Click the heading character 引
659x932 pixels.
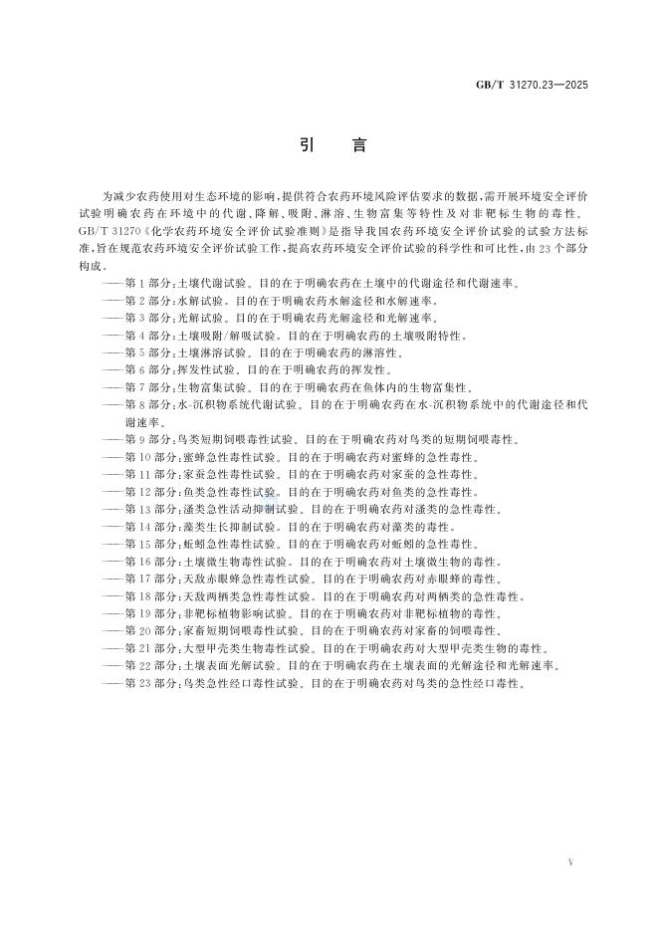click(307, 146)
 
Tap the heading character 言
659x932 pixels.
click(359, 146)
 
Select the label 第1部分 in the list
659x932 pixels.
click(148, 284)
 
